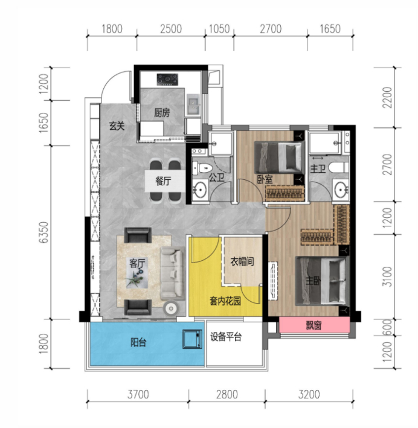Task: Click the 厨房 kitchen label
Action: point(162,112)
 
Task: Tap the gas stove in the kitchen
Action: point(167,79)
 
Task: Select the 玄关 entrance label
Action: point(117,126)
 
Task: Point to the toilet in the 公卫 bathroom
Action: point(202,167)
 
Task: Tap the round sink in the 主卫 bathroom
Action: point(341,188)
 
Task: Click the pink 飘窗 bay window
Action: point(315,325)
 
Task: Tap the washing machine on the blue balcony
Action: point(192,339)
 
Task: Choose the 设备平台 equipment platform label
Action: point(226,337)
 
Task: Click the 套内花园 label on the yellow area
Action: point(225,301)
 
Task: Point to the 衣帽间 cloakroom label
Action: point(242,262)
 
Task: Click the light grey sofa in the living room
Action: point(172,273)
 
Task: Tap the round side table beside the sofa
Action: point(172,308)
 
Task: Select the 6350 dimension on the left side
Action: point(43,232)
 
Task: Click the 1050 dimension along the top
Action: point(219,28)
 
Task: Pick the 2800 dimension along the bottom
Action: point(227,394)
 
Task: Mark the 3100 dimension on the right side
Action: point(387,276)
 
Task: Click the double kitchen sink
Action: point(193,105)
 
